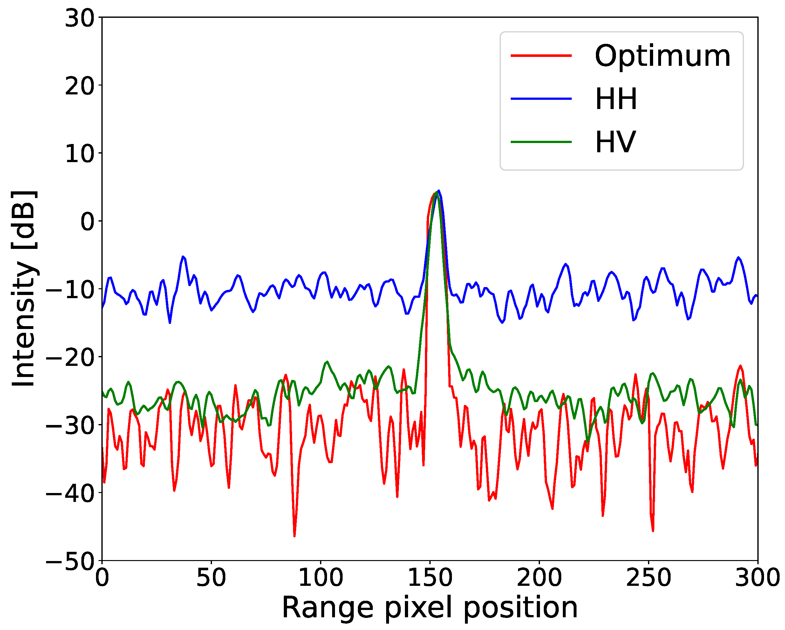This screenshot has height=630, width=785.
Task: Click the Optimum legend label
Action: point(662,57)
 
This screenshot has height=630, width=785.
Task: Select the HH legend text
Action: point(616,99)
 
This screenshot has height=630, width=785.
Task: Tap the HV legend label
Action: point(615,142)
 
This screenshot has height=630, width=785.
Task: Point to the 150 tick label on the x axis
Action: point(430,578)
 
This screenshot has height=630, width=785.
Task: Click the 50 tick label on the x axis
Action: point(211,578)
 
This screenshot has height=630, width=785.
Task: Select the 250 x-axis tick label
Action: point(648,578)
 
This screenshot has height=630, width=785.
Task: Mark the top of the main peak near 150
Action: point(438,191)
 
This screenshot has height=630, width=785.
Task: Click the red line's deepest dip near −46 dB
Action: point(294,536)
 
